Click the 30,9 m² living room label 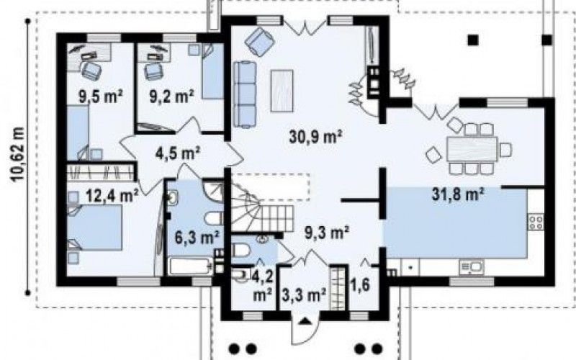(315, 137)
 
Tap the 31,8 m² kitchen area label (457, 194)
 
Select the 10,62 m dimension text (17, 154)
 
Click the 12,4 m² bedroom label (112, 195)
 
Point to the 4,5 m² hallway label (177, 153)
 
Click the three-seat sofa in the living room (245, 94)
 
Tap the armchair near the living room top (260, 41)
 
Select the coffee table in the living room (282, 91)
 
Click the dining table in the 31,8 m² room (472, 149)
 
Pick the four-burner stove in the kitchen (536, 222)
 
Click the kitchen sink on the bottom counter (472, 267)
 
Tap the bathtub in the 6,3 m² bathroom (190, 266)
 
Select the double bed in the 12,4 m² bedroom (94, 227)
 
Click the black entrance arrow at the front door (304, 321)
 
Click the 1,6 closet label (361, 284)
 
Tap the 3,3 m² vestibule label (304, 294)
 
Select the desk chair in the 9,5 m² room (91, 70)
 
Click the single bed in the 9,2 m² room (212, 71)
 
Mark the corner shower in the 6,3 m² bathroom (214, 190)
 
